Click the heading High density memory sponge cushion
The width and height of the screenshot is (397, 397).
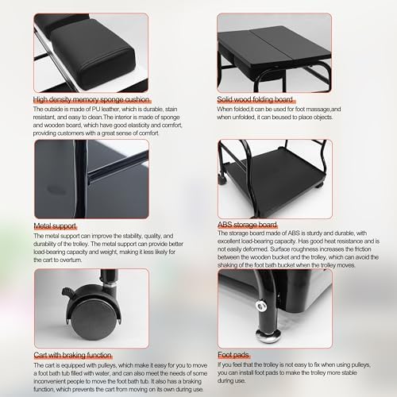click(x=91, y=99)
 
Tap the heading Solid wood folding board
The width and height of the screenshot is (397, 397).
click(x=255, y=99)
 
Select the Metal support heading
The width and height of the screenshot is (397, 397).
click(x=55, y=226)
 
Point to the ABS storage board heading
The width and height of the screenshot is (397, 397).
click(x=247, y=225)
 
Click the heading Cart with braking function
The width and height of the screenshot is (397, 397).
click(x=72, y=355)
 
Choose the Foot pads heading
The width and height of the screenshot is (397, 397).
click(x=233, y=355)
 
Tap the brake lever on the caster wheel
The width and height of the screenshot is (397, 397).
click(x=69, y=293)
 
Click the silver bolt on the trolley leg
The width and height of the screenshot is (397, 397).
click(x=261, y=306)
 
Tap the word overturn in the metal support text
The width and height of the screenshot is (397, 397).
click(x=71, y=260)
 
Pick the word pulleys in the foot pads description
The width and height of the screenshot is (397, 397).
click(x=360, y=364)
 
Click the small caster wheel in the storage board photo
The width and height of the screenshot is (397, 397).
click(x=222, y=179)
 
